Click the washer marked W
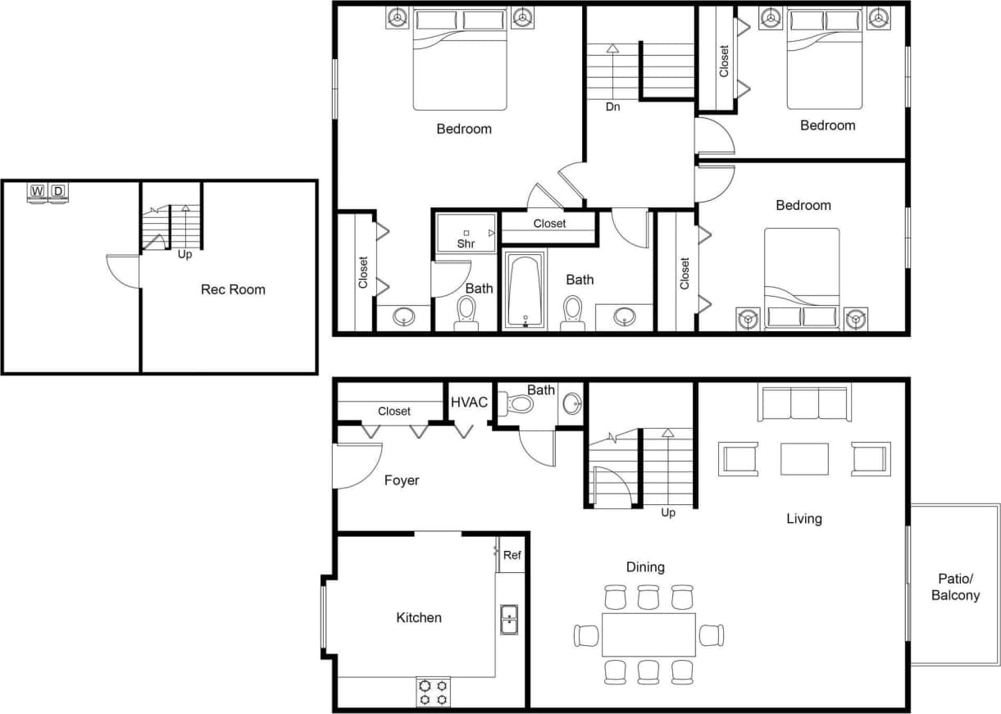[x=38, y=192]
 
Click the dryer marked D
[x=58, y=192]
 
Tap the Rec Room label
[x=233, y=289]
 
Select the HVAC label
[x=469, y=402]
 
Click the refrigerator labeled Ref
[x=512, y=555]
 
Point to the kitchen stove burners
[x=433, y=692]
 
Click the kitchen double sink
[x=509, y=620]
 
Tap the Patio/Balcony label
[x=955, y=587]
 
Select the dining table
[x=648, y=634]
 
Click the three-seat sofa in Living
[x=804, y=404]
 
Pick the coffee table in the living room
[x=804, y=459]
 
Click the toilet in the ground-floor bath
[x=519, y=403]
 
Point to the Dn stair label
[x=612, y=107]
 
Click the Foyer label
[x=402, y=480]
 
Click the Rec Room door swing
[x=123, y=271]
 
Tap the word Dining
[x=645, y=566]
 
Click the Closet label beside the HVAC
[x=394, y=411]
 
